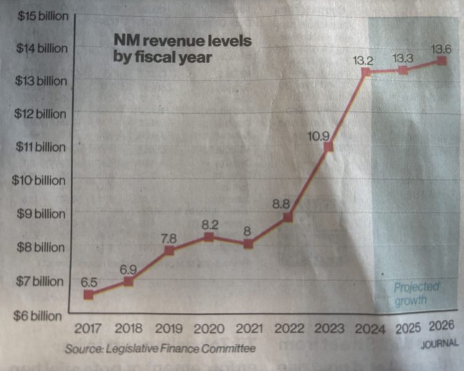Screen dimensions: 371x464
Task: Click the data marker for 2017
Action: [88, 294]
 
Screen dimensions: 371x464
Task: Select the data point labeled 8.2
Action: [209, 237]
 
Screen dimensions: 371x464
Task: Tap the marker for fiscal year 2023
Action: [329, 147]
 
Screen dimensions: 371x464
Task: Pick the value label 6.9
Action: [128, 270]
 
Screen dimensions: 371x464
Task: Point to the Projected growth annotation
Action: [416, 294]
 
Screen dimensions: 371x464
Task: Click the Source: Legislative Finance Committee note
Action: [160, 349]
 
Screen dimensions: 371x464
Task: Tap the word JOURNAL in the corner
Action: [440, 343]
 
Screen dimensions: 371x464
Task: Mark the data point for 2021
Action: [248, 244]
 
